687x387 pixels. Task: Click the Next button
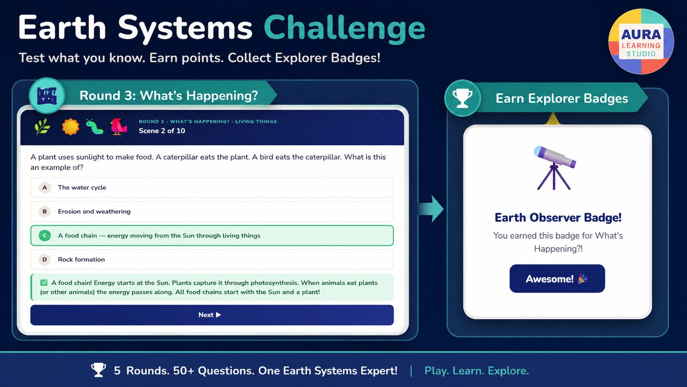point(212,315)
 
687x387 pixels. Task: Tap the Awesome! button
point(557,279)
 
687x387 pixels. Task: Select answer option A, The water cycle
point(212,188)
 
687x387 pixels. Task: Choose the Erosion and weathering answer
point(212,211)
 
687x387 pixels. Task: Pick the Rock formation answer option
point(212,260)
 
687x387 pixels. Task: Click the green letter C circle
point(45,236)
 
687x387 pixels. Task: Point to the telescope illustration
point(555,168)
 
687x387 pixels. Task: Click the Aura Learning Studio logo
point(641,41)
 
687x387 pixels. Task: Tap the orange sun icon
point(71,127)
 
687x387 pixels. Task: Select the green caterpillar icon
point(94,127)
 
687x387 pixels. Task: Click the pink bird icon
point(119,127)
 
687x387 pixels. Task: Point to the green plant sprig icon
point(42,127)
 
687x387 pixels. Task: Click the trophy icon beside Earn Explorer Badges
point(463,98)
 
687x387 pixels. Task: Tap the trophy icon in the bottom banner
point(98,370)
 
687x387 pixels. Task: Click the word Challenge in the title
point(344,28)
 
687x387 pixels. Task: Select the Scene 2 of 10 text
point(162,131)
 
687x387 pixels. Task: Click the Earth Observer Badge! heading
point(558,217)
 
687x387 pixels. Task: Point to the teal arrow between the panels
point(431,209)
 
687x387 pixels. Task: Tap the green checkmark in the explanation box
point(44,282)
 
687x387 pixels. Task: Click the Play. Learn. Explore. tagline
point(477,370)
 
